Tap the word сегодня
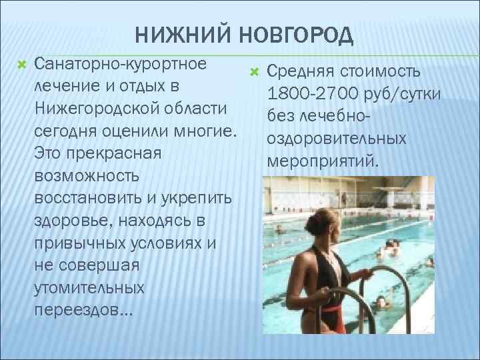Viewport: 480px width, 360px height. [x=66, y=130]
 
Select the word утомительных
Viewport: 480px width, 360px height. [x=89, y=287]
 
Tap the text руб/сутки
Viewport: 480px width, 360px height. [x=402, y=93]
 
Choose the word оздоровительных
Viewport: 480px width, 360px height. [x=336, y=139]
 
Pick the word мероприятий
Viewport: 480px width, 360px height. [x=322, y=161]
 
